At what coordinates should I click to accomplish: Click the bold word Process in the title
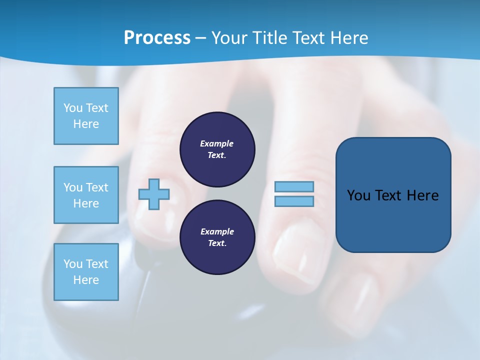tap(157, 38)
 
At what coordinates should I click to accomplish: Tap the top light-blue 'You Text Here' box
tap(86, 116)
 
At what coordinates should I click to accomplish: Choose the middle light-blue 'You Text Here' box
tap(86, 195)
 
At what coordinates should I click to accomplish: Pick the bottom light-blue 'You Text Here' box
tap(86, 272)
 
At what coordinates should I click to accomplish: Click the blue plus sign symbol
tap(154, 194)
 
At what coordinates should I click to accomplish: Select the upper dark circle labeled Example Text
tap(217, 149)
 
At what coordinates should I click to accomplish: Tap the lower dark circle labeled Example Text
tap(217, 237)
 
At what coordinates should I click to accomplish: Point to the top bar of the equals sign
tap(294, 186)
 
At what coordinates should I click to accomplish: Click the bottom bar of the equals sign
tap(294, 201)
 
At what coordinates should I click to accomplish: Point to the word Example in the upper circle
tap(217, 143)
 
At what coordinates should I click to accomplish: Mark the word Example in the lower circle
tap(217, 231)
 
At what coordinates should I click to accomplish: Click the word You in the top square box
tap(73, 108)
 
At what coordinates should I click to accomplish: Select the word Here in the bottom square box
tap(86, 280)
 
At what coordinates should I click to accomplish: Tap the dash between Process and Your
tap(201, 38)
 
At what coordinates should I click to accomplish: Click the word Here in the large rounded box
tap(422, 195)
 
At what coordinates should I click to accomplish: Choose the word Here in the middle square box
tap(86, 203)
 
